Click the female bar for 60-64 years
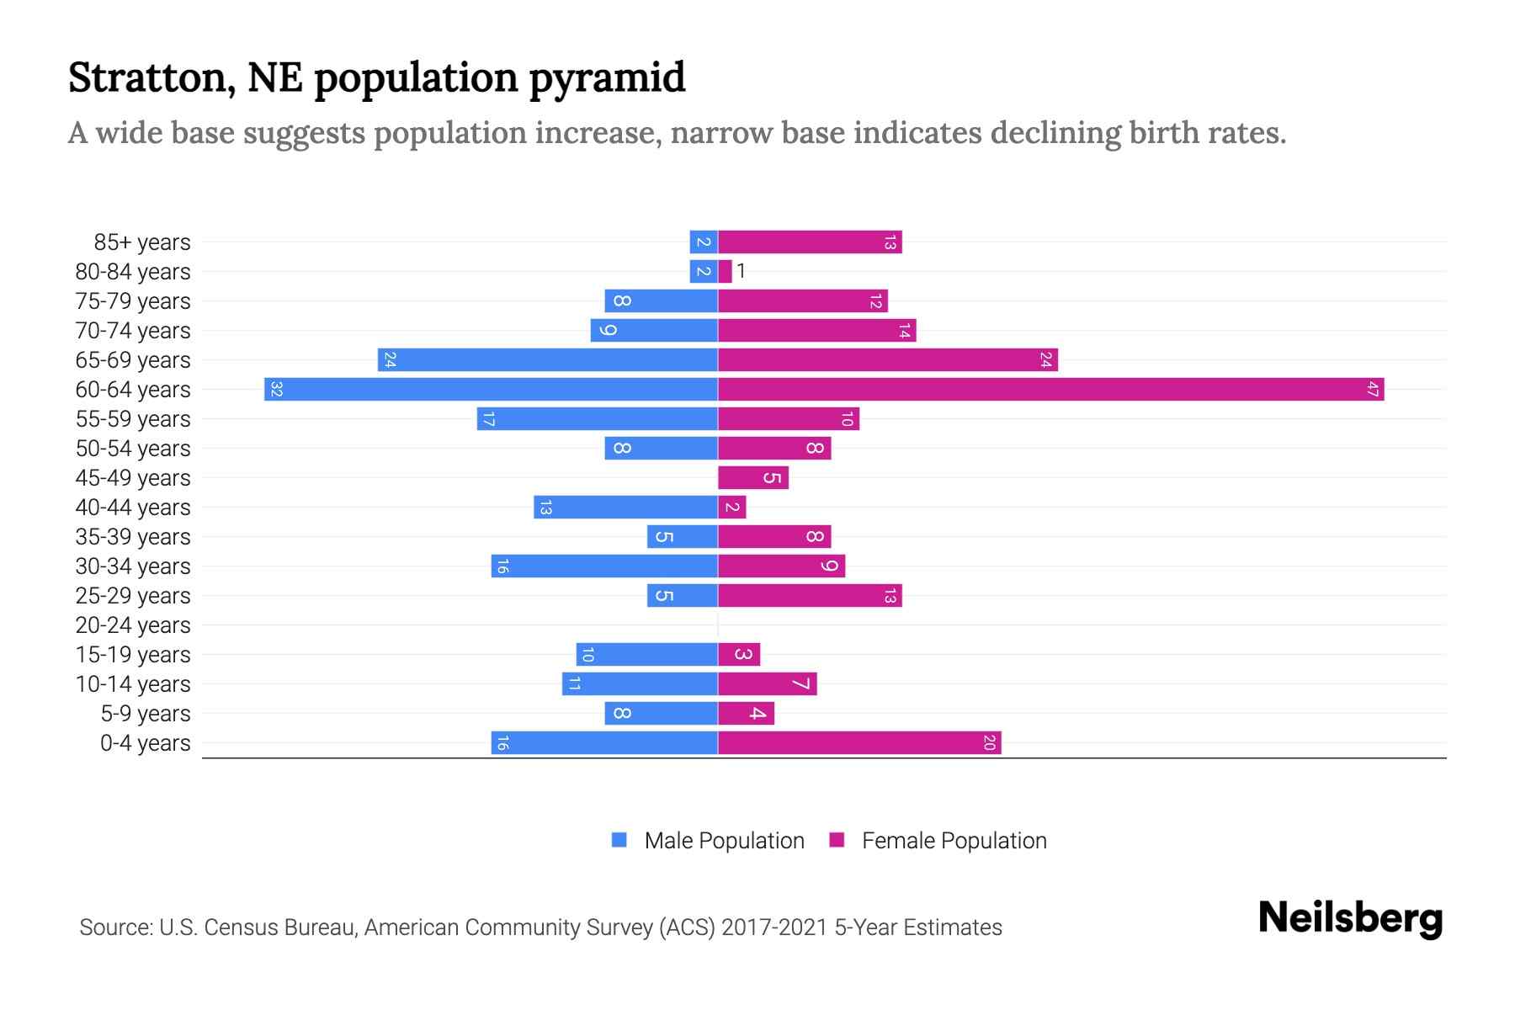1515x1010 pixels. pos(1050,390)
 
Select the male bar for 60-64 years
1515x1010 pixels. pos(491,390)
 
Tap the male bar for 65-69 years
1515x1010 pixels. pos(547,360)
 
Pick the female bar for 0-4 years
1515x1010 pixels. pos(859,743)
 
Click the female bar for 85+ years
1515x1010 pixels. pos(810,242)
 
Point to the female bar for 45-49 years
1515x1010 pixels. pos(753,478)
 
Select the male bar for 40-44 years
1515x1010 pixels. pos(625,508)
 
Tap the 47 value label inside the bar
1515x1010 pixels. pos(1372,390)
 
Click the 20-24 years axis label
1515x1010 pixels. pos(133,625)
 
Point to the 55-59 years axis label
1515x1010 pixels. pos(133,419)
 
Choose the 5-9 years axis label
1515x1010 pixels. pos(146,714)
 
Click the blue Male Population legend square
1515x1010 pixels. pos(619,840)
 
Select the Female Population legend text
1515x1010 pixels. pos(954,841)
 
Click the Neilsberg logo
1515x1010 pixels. pos(1350,917)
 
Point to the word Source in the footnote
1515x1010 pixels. pos(114,928)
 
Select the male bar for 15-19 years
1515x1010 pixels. pos(646,655)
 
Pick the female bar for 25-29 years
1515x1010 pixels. pos(810,596)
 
